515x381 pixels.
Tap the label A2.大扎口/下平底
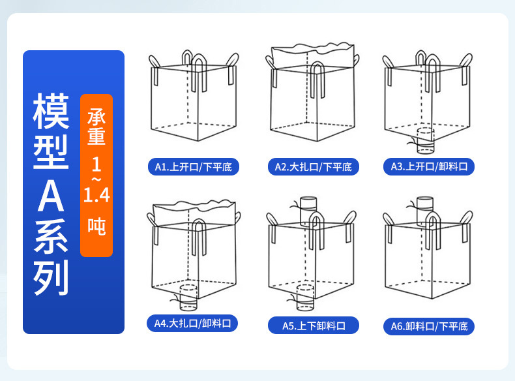pos(313,167)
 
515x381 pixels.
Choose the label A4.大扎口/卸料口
pos(193,323)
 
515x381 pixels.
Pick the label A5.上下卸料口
pos(314,326)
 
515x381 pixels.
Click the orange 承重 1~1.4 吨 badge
pos(96,175)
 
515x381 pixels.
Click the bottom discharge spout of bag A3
pos(426,138)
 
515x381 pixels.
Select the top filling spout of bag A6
pos(425,207)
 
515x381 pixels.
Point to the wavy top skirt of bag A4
pos(196,209)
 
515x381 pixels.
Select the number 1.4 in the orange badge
pos(96,194)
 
